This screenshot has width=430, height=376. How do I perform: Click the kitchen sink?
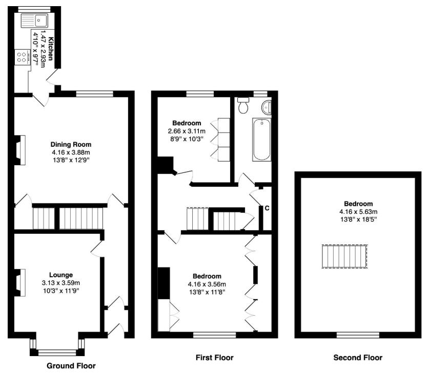pyautogui.click(x=33, y=21)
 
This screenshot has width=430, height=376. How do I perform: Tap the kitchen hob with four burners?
pyautogui.click(x=23, y=57)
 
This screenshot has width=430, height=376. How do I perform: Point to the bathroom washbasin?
pyautogui.click(x=267, y=107)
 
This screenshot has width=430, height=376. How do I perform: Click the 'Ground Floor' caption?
pyautogui.click(x=71, y=366)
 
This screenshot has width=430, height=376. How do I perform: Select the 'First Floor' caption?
pyautogui.click(x=214, y=357)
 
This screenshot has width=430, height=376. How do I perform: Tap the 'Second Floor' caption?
pyautogui.click(x=358, y=358)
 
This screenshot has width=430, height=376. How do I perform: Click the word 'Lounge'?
pyautogui.click(x=61, y=275)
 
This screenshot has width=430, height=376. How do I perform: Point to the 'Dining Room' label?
pyautogui.click(x=71, y=144)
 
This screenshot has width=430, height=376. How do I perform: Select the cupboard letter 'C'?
pyautogui.click(x=267, y=208)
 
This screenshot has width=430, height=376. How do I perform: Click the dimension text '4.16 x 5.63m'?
pyautogui.click(x=358, y=212)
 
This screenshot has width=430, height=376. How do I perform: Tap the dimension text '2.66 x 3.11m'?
pyautogui.click(x=187, y=131)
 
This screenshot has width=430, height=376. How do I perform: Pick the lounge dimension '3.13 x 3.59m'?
pyautogui.click(x=61, y=282)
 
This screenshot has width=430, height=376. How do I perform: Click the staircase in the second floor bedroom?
pyautogui.click(x=344, y=256)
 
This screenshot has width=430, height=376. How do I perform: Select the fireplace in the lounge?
pyautogui.click(x=19, y=283)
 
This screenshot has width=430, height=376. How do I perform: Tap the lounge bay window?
pyautogui.click(x=57, y=351)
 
